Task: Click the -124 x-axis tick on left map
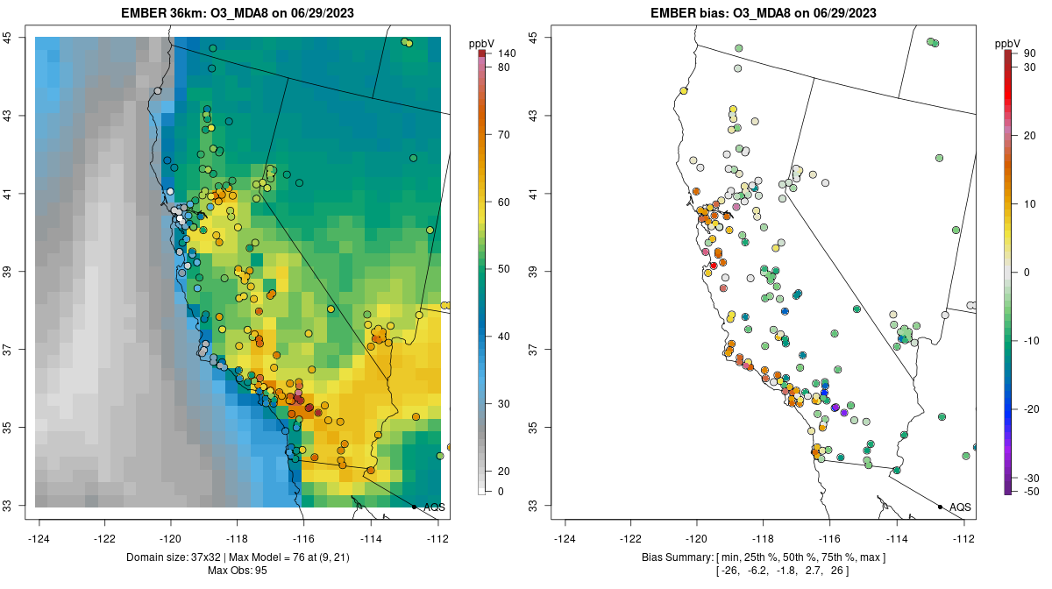pyautogui.click(x=39, y=538)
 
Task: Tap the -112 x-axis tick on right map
pyautogui.click(x=963, y=538)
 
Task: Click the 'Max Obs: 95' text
pyautogui.click(x=238, y=571)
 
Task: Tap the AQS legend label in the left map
pyautogui.click(x=434, y=507)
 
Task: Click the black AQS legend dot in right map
pyautogui.click(x=940, y=507)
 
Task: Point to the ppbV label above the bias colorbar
pyautogui.click(x=1008, y=43)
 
